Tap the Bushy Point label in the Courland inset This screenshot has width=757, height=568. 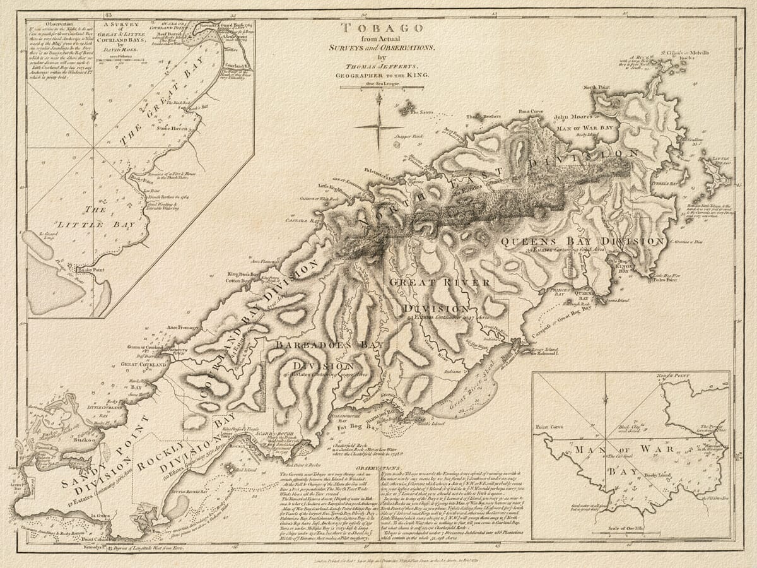[89, 270]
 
